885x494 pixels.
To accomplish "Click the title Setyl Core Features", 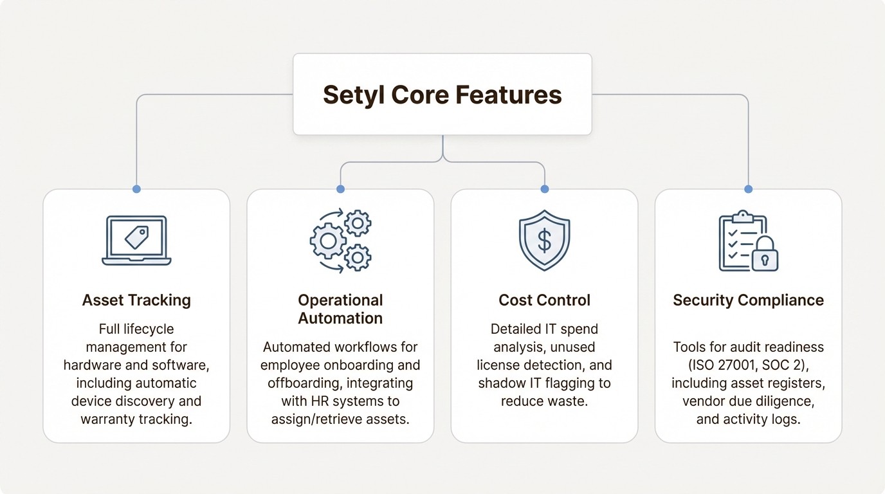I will pos(442,95).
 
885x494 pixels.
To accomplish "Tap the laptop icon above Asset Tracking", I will pos(136,241).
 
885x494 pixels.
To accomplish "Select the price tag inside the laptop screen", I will pos(136,237).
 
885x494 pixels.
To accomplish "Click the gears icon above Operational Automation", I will pos(340,240).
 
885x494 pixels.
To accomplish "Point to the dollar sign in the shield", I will pos(544,241).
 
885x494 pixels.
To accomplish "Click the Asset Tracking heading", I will pos(136,300).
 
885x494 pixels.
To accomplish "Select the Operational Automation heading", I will pos(340,309).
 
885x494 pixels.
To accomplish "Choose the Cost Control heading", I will pos(544,300).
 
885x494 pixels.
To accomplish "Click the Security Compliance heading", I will pos(748,300).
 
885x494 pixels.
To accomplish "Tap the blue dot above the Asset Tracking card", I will pos(136,189).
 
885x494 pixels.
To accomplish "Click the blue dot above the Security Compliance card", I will pos(748,189).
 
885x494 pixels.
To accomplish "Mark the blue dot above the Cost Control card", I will pos(545,189).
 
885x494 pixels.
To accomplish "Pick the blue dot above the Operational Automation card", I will pos(340,189).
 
